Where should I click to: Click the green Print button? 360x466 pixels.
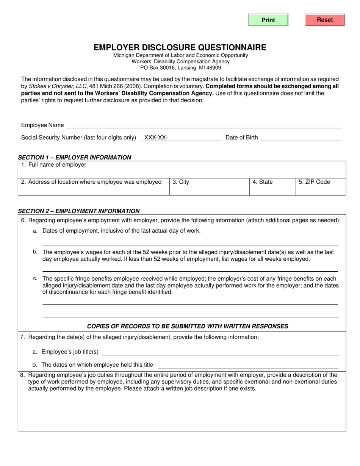pos(268,20)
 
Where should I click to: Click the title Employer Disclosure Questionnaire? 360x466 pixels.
pos(180,47)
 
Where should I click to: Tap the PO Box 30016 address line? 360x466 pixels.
pos(180,68)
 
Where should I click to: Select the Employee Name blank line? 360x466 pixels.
pos(204,125)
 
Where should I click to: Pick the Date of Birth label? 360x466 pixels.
pos(241,138)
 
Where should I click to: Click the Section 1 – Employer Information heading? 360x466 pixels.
pos(75,157)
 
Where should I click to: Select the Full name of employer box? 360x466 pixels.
pos(182,169)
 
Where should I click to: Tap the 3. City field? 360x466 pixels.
pos(209,186)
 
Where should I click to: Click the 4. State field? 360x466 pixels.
pos(272,186)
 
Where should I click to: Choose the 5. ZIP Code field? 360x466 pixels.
pos(320,186)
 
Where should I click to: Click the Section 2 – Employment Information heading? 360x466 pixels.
pos(79,211)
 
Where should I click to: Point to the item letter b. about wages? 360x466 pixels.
pos(35,252)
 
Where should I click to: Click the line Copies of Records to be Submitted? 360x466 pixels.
pos(188,326)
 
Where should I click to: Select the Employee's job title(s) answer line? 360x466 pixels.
pos(220,352)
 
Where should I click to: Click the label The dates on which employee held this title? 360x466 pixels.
pos(97,365)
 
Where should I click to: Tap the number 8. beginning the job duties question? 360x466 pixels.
pos(23,375)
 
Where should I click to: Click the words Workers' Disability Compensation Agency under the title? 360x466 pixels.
pos(180,61)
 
